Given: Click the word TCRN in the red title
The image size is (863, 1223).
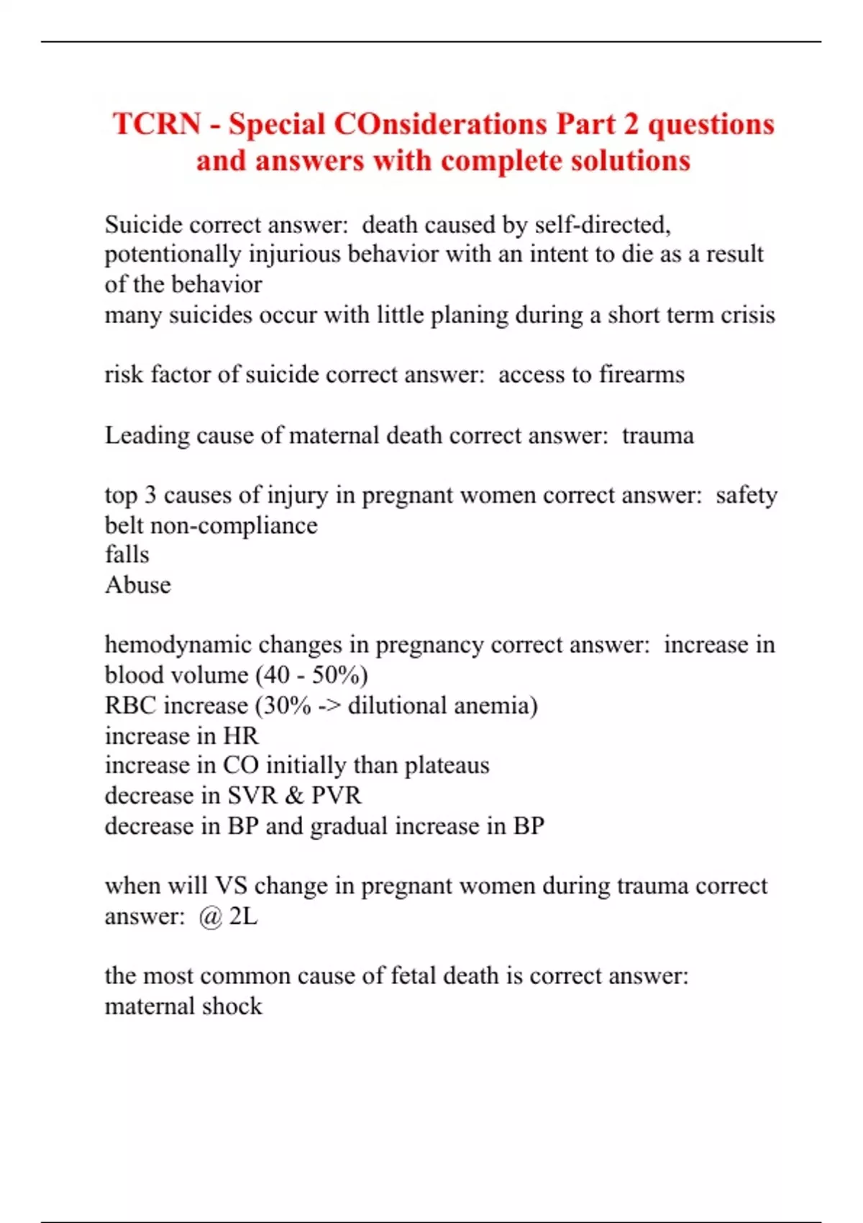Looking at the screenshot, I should click(x=157, y=124).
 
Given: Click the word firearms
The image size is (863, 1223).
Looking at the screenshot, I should click(x=641, y=375).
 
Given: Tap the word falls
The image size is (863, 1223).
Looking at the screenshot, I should click(x=127, y=555).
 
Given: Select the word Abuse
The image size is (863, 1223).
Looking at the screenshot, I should click(x=138, y=585).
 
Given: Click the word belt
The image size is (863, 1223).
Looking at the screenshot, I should click(x=124, y=525).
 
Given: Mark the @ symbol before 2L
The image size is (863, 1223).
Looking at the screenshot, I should click(x=211, y=917).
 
